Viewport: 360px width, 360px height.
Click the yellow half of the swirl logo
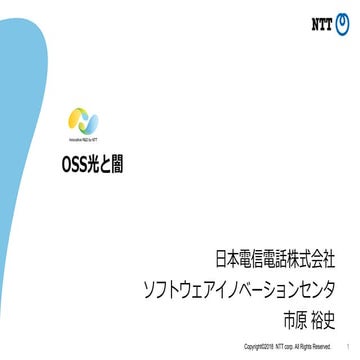78,120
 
